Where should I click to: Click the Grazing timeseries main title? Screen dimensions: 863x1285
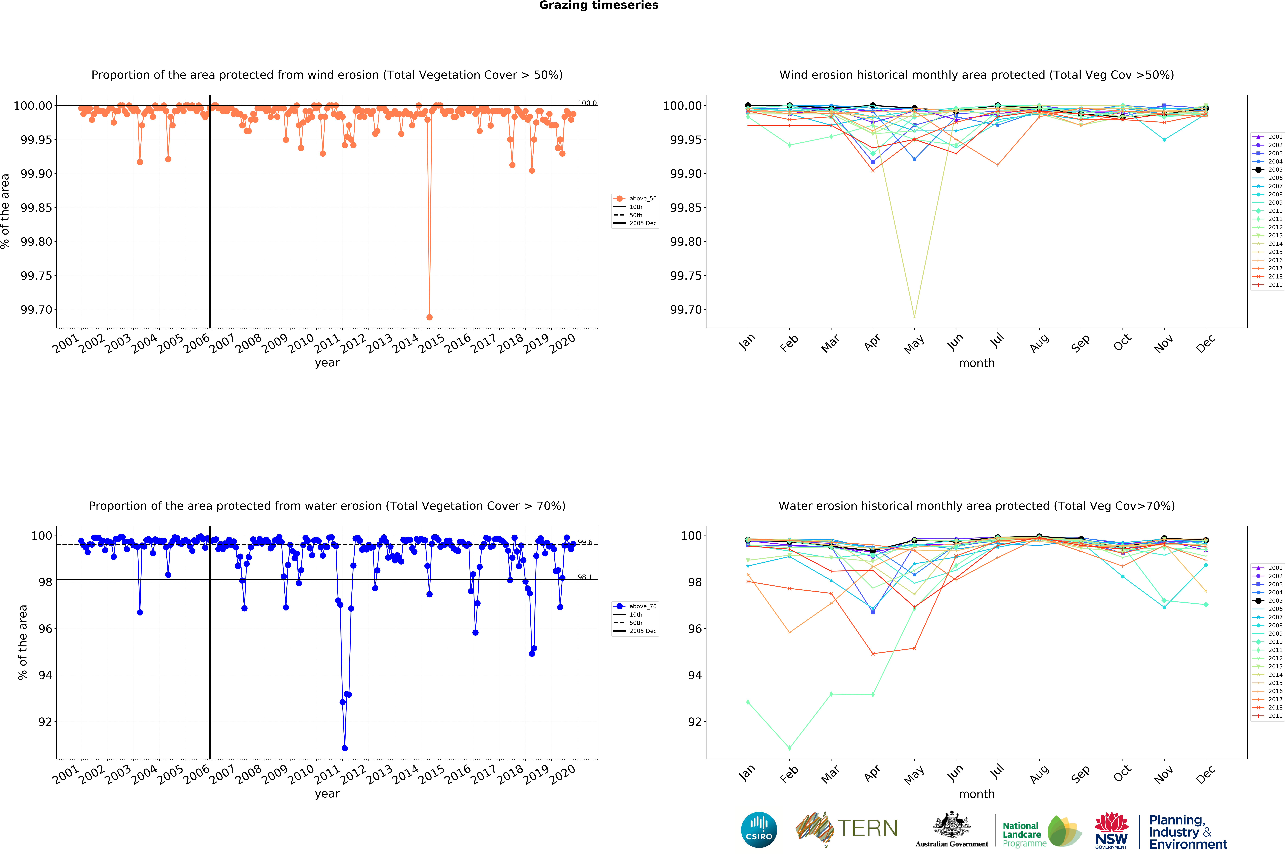598,6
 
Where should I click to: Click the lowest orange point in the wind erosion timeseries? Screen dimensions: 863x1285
429,317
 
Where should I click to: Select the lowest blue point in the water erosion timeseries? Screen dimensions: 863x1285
345,748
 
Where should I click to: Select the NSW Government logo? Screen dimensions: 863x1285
1111,830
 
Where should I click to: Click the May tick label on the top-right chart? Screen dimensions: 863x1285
914,345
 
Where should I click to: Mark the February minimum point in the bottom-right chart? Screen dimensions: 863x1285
789,748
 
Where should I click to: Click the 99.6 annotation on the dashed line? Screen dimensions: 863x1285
585,542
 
